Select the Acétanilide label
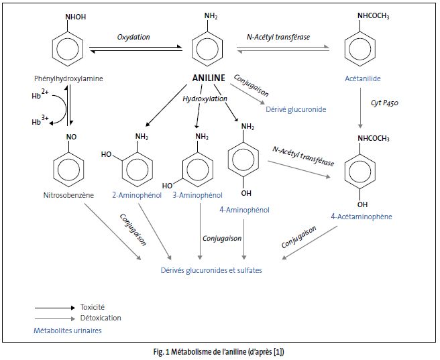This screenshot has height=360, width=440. (x=362, y=78)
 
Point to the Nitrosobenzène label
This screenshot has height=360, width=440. (x=67, y=196)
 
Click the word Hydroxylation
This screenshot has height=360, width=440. (x=203, y=99)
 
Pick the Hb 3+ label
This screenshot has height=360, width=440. (x=42, y=121)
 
